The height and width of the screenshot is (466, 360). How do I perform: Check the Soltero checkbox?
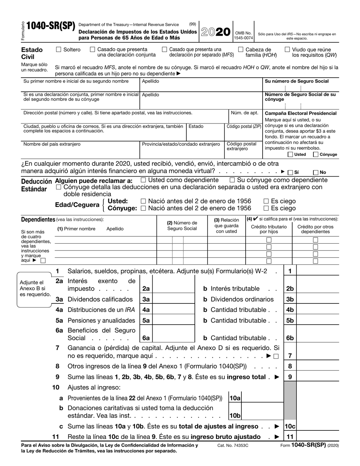pyautogui.click(x=58, y=49)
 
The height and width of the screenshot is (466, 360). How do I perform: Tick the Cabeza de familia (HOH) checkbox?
pyautogui.click(x=241, y=49)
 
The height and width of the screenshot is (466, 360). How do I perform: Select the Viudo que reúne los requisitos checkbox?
pyautogui.click(x=287, y=49)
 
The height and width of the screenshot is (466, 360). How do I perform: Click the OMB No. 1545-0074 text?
pyautogui.click(x=243, y=36)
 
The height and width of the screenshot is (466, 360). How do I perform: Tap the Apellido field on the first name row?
pyautogui.click(x=201, y=86)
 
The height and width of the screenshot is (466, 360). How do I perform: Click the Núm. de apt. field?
pyautogui.click(x=245, y=117)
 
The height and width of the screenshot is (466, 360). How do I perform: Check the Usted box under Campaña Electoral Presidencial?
pyautogui.click(x=290, y=154)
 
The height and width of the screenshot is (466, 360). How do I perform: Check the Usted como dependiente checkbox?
pyautogui.click(x=143, y=180)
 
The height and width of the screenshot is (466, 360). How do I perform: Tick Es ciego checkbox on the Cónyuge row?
pyautogui.click(x=266, y=208)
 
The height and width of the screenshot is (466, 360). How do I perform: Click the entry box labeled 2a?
pyautogui.click(x=173, y=289)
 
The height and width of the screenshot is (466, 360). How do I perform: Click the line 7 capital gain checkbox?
pyautogui.click(x=275, y=356)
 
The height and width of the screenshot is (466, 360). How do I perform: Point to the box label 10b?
pyautogui.click(x=235, y=415)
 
